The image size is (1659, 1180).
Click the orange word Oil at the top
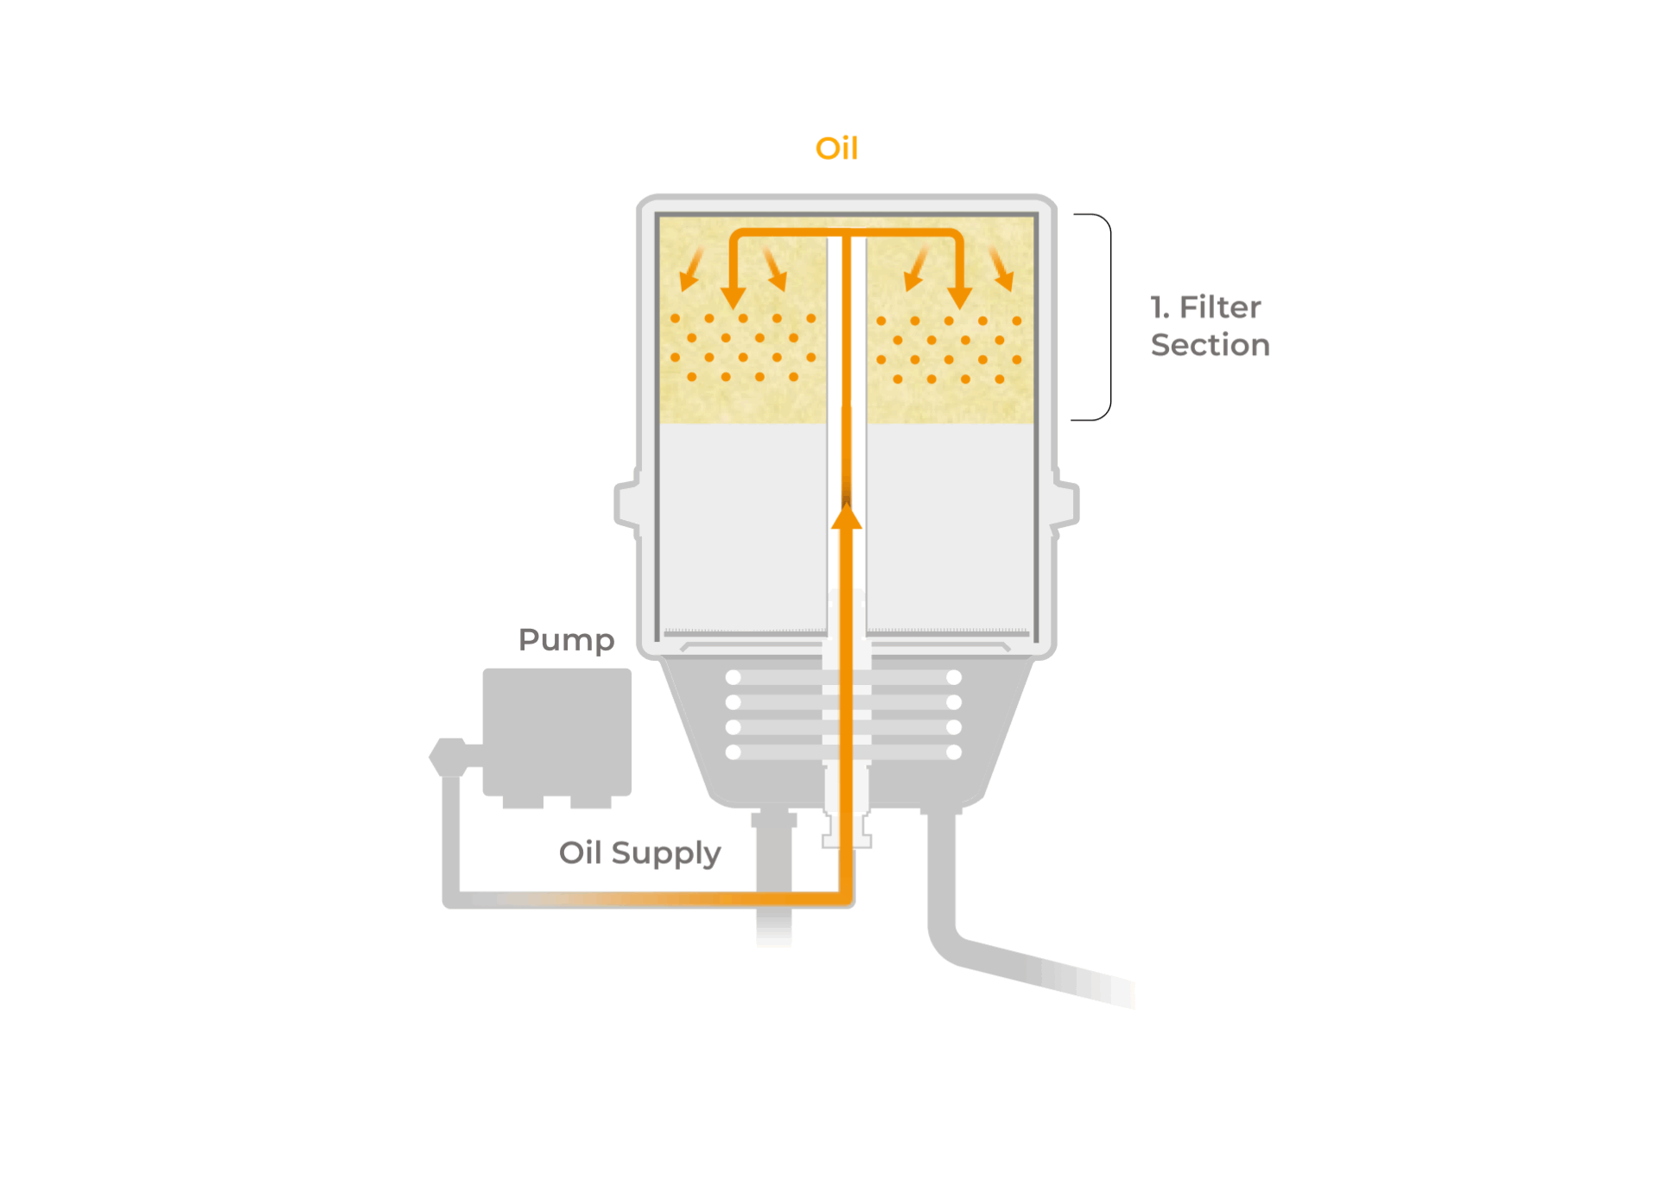836,149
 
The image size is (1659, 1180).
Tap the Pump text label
566,640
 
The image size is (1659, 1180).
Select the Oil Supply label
639,853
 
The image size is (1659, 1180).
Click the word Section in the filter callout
1210,345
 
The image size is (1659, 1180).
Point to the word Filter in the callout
1220,307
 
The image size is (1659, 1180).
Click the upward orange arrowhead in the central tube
847,517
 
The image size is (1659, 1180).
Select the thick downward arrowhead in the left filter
734,296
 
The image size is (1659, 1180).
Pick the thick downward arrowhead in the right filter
959,296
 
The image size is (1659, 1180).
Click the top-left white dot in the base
734,677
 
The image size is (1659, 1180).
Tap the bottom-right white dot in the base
954,752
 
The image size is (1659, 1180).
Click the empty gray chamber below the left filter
742,527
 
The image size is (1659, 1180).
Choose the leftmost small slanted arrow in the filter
690,271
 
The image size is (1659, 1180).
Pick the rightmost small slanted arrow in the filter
1001,270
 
